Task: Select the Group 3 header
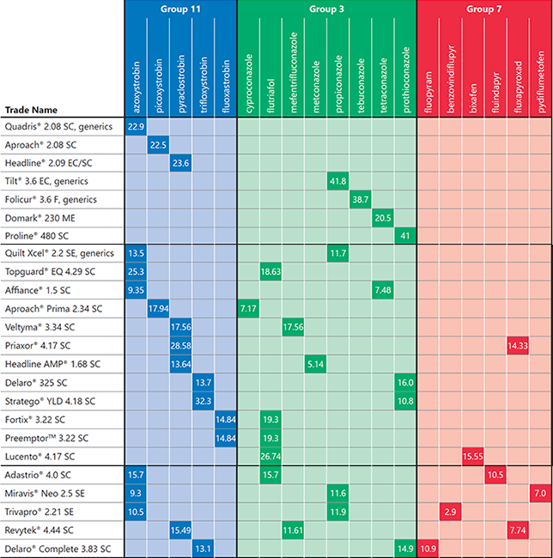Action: pyautogui.click(x=325, y=9)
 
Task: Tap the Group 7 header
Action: pyautogui.click(x=483, y=9)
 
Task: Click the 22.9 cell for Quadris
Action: pyautogui.click(x=136, y=127)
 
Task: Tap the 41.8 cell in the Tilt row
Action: pyautogui.click(x=337, y=181)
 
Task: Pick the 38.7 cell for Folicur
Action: pyautogui.click(x=360, y=199)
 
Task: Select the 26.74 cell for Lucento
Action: pyautogui.click(x=270, y=455)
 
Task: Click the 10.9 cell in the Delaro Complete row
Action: pyautogui.click(x=428, y=548)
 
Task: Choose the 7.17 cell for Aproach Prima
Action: pyautogui.click(x=248, y=307)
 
